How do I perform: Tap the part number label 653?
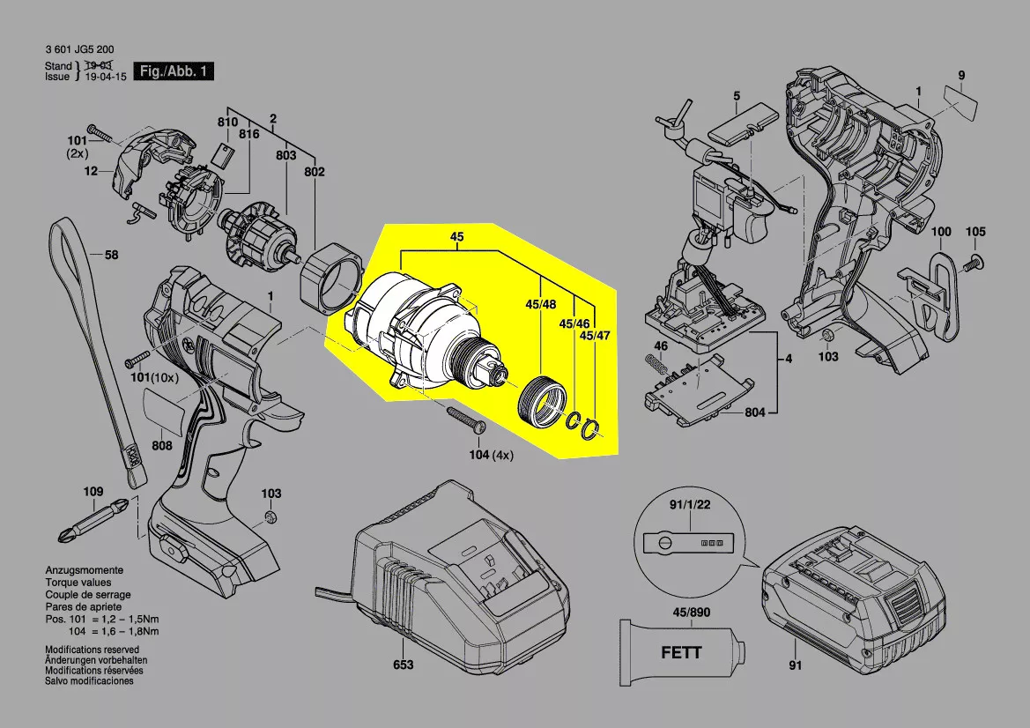pyautogui.click(x=403, y=665)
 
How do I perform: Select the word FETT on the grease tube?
pyautogui.click(x=681, y=652)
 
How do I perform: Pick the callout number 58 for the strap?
pyautogui.click(x=111, y=256)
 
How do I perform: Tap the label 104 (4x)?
pyautogui.click(x=491, y=456)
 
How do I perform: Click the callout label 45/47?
pyautogui.click(x=595, y=337)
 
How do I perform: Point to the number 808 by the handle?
pyautogui.click(x=161, y=446)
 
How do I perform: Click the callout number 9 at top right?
pyautogui.click(x=961, y=75)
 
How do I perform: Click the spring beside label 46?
pyautogui.click(x=655, y=364)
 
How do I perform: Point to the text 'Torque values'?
pyautogui.click(x=78, y=583)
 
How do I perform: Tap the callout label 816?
pyautogui.click(x=248, y=133)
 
